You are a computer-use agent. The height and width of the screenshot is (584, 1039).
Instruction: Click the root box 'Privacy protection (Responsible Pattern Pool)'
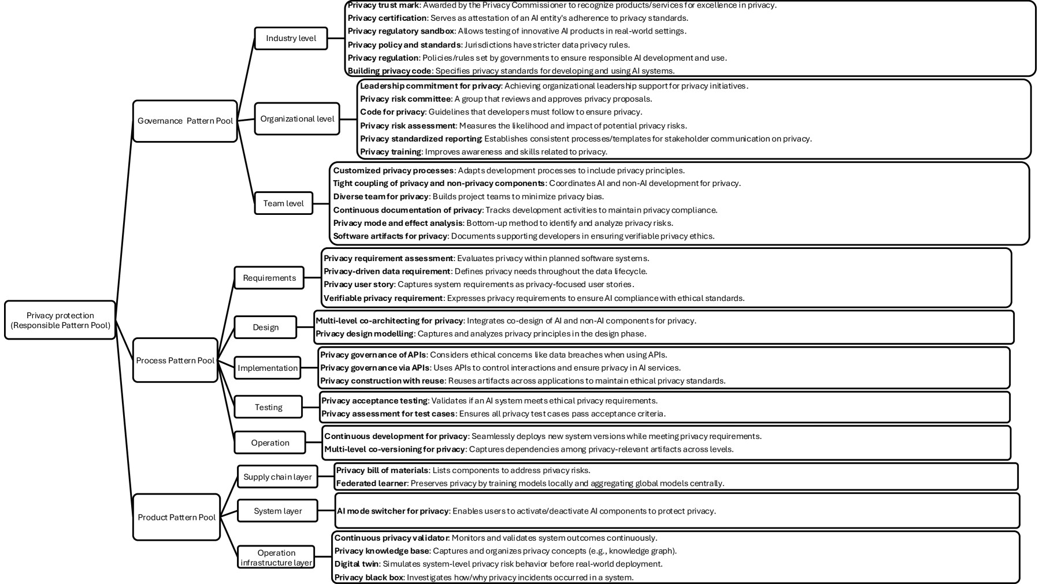click(60, 320)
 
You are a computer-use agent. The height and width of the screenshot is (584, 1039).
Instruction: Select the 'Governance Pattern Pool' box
click(185, 121)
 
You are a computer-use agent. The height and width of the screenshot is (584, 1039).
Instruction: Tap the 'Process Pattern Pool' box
click(175, 360)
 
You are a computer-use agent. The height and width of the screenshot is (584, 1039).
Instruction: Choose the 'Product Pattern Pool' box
click(176, 517)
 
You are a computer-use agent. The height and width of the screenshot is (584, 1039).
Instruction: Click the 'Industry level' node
click(291, 38)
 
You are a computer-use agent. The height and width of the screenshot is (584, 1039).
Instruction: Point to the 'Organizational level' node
click(297, 118)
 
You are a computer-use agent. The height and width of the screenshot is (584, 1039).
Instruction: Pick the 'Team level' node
click(283, 203)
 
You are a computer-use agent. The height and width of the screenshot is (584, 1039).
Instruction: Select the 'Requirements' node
click(269, 278)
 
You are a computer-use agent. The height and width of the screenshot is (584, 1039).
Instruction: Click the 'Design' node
click(265, 328)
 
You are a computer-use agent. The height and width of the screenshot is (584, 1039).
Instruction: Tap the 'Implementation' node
click(268, 368)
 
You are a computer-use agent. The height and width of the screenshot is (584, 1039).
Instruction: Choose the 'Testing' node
click(268, 407)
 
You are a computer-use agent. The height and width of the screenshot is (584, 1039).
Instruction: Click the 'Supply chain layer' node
click(277, 477)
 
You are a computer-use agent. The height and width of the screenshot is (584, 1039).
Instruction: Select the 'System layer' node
click(277, 511)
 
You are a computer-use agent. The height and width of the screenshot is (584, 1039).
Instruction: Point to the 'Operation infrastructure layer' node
click(276, 557)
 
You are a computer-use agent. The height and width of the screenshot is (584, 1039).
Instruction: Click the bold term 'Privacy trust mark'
click(383, 5)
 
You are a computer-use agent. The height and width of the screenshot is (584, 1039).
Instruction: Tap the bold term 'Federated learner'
click(372, 483)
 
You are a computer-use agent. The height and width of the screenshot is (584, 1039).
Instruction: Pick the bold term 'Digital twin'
click(357, 564)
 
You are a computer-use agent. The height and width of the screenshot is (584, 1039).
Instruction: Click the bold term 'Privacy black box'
click(369, 577)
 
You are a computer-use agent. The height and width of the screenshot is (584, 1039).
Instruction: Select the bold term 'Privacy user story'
click(358, 284)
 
